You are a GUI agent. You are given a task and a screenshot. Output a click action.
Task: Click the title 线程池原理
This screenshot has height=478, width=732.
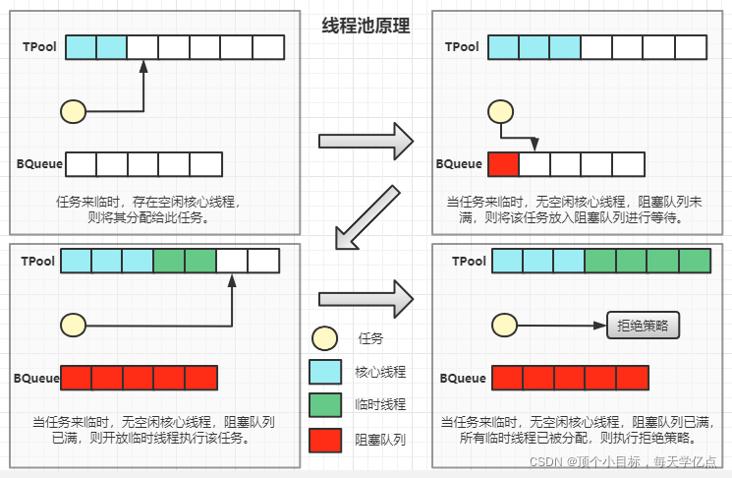366,27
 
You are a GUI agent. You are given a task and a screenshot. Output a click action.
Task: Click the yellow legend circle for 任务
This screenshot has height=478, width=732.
324,338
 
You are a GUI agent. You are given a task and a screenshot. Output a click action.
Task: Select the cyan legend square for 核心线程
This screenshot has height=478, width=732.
324,372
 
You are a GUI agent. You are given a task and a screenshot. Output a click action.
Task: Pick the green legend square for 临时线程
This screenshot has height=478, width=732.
324,404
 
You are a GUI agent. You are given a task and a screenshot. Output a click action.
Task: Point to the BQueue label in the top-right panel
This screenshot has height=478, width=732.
459,164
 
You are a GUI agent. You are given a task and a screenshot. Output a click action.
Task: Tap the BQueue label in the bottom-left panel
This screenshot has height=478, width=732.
36,378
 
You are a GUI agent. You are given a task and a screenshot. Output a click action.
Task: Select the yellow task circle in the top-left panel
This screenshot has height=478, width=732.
74,111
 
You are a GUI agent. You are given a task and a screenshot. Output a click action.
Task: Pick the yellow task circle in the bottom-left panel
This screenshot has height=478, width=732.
74,324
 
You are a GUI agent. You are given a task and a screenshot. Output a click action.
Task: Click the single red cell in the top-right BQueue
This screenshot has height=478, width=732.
503,164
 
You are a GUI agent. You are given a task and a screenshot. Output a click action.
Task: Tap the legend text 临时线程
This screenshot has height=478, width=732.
380,404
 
